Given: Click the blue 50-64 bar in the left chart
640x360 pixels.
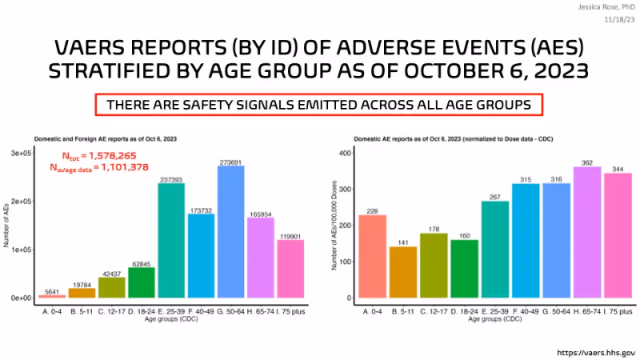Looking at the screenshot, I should [232, 232].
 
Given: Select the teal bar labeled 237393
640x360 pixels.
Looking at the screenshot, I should [172, 240].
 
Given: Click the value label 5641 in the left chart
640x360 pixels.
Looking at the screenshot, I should [52, 290].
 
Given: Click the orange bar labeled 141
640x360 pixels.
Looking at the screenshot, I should [402, 272].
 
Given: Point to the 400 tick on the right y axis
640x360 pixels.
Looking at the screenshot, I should [346, 153].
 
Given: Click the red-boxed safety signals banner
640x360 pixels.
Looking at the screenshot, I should [319, 106].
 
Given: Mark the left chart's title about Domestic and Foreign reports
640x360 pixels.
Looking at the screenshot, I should [104, 139].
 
